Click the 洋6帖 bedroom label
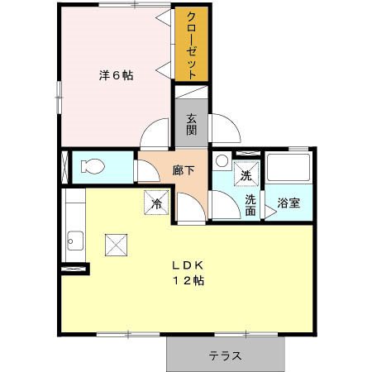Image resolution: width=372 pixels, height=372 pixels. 116,75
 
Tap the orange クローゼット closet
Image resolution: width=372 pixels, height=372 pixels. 192,44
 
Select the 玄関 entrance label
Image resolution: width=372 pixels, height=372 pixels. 192,124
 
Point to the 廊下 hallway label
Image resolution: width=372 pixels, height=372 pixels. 184,170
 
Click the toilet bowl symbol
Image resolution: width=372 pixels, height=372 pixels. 93,166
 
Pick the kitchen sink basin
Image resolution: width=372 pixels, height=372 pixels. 75,241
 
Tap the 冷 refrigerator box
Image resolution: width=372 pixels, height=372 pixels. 156,203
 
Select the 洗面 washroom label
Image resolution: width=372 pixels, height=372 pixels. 250,205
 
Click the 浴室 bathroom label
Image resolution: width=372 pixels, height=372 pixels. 289,203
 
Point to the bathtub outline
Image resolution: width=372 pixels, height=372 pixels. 289,168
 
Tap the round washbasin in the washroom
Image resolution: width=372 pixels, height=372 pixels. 222,160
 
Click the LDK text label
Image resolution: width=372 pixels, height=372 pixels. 188,265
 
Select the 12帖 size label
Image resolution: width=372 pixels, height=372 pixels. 188,281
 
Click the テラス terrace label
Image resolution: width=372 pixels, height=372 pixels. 226,355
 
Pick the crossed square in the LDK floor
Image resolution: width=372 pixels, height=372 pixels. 116,245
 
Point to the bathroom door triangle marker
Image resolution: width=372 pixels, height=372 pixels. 270,212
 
